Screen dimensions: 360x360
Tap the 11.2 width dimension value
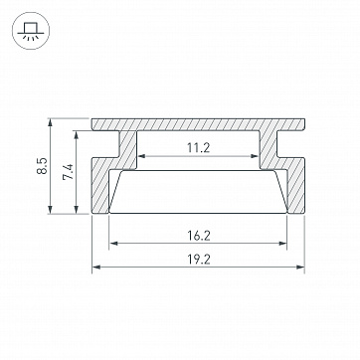click(x=198, y=148)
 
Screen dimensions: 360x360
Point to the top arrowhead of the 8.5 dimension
click(x=50, y=123)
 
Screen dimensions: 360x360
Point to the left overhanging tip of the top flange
click(x=96, y=126)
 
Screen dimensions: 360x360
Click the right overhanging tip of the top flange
click(x=302, y=126)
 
